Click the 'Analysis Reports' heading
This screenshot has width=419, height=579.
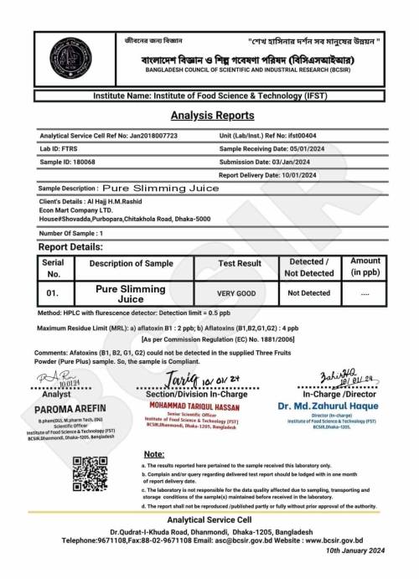click(209, 116)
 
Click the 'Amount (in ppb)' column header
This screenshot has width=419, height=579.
click(365, 267)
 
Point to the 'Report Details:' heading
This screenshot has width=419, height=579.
click(71, 247)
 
